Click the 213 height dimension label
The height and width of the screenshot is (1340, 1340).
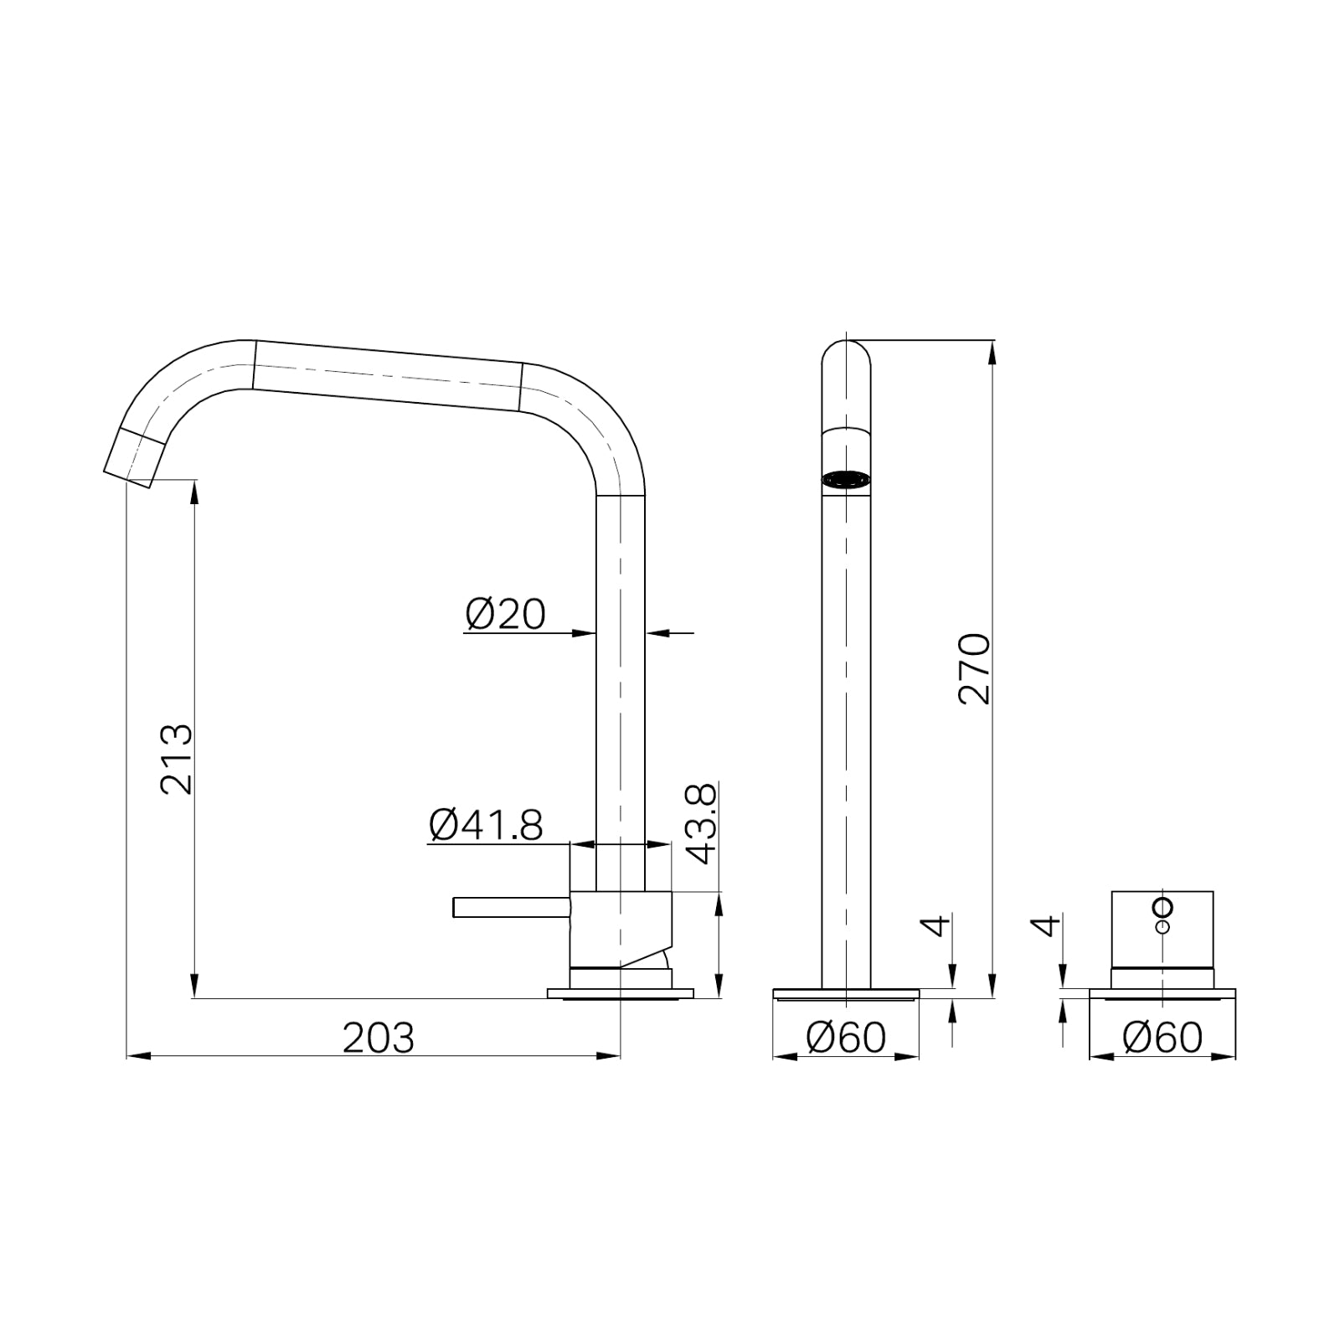pos(177,760)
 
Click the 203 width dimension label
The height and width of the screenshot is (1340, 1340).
pos(379,1038)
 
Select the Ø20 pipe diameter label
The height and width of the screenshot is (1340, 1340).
pos(505,615)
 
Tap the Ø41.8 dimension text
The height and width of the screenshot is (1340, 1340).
pos(486,825)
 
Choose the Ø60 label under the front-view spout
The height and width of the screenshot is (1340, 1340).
pos(845,1038)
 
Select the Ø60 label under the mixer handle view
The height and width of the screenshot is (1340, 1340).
pos(1162,1038)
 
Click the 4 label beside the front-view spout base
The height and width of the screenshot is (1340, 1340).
pos(936,925)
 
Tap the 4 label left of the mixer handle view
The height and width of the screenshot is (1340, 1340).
pos(1045,926)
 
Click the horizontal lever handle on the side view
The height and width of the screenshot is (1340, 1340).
pos(511,907)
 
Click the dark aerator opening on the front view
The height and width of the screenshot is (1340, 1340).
pos(846,480)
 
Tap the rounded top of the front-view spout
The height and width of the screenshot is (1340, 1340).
pos(846,348)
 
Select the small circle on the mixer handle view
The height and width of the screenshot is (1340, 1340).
pos(1163,907)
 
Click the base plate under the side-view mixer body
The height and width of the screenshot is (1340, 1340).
pos(620,994)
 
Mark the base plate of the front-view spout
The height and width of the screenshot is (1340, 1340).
pos(846,994)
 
